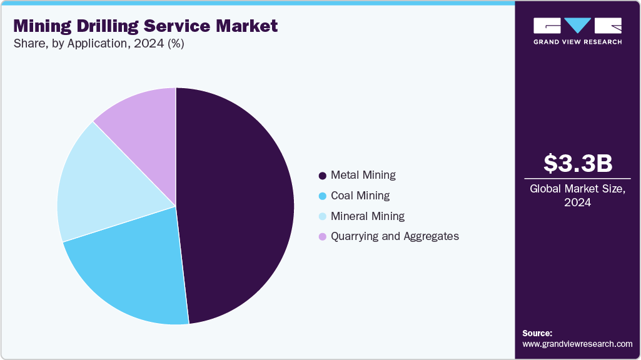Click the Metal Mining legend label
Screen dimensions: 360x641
(x=363, y=175)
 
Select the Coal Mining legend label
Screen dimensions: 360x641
(x=360, y=196)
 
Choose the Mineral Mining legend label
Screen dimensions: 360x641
(x=367, y=216)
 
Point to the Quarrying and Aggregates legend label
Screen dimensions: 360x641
(x=395, y=236)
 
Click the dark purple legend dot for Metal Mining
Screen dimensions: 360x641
(x=323, y=176)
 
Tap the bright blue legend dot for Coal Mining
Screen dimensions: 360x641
(x=323, y=196)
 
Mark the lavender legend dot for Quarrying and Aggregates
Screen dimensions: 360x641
(x=323, y=237)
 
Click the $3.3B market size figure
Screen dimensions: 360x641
(x=577, y=163)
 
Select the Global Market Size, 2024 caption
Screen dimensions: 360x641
(x=577, y=196)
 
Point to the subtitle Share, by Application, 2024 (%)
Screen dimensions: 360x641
(x=98, y=44)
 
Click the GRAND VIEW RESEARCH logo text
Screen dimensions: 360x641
(x=577, y=42)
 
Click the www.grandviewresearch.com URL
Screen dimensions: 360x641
(x=577, y=344)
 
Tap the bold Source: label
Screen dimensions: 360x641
(x=537, y=333)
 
